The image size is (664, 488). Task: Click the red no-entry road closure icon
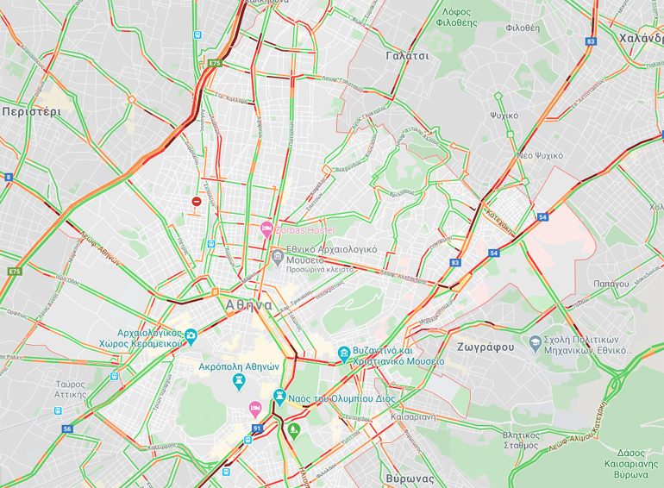[x=197, y=202]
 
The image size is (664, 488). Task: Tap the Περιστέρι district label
[x=31, y=112]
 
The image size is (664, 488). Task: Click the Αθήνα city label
[x=248, y=305]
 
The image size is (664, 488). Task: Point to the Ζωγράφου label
[x=481, y=347]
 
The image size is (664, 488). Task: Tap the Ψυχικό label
[x=504, y=115]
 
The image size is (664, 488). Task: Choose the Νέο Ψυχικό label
[x=540, y=155]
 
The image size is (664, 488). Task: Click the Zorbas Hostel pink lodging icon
[x=267, y=230]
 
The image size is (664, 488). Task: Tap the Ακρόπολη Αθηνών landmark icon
[x=239, y=380]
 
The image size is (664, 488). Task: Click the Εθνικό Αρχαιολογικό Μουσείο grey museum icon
[x=278, y=258]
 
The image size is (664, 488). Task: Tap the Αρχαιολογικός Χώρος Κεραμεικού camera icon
[x=190, y=336]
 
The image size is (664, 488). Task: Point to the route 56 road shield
[x=67, y=429]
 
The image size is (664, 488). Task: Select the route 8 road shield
[x=9, y=177]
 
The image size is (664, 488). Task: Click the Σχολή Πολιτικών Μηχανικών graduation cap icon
[x=536, y=342]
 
